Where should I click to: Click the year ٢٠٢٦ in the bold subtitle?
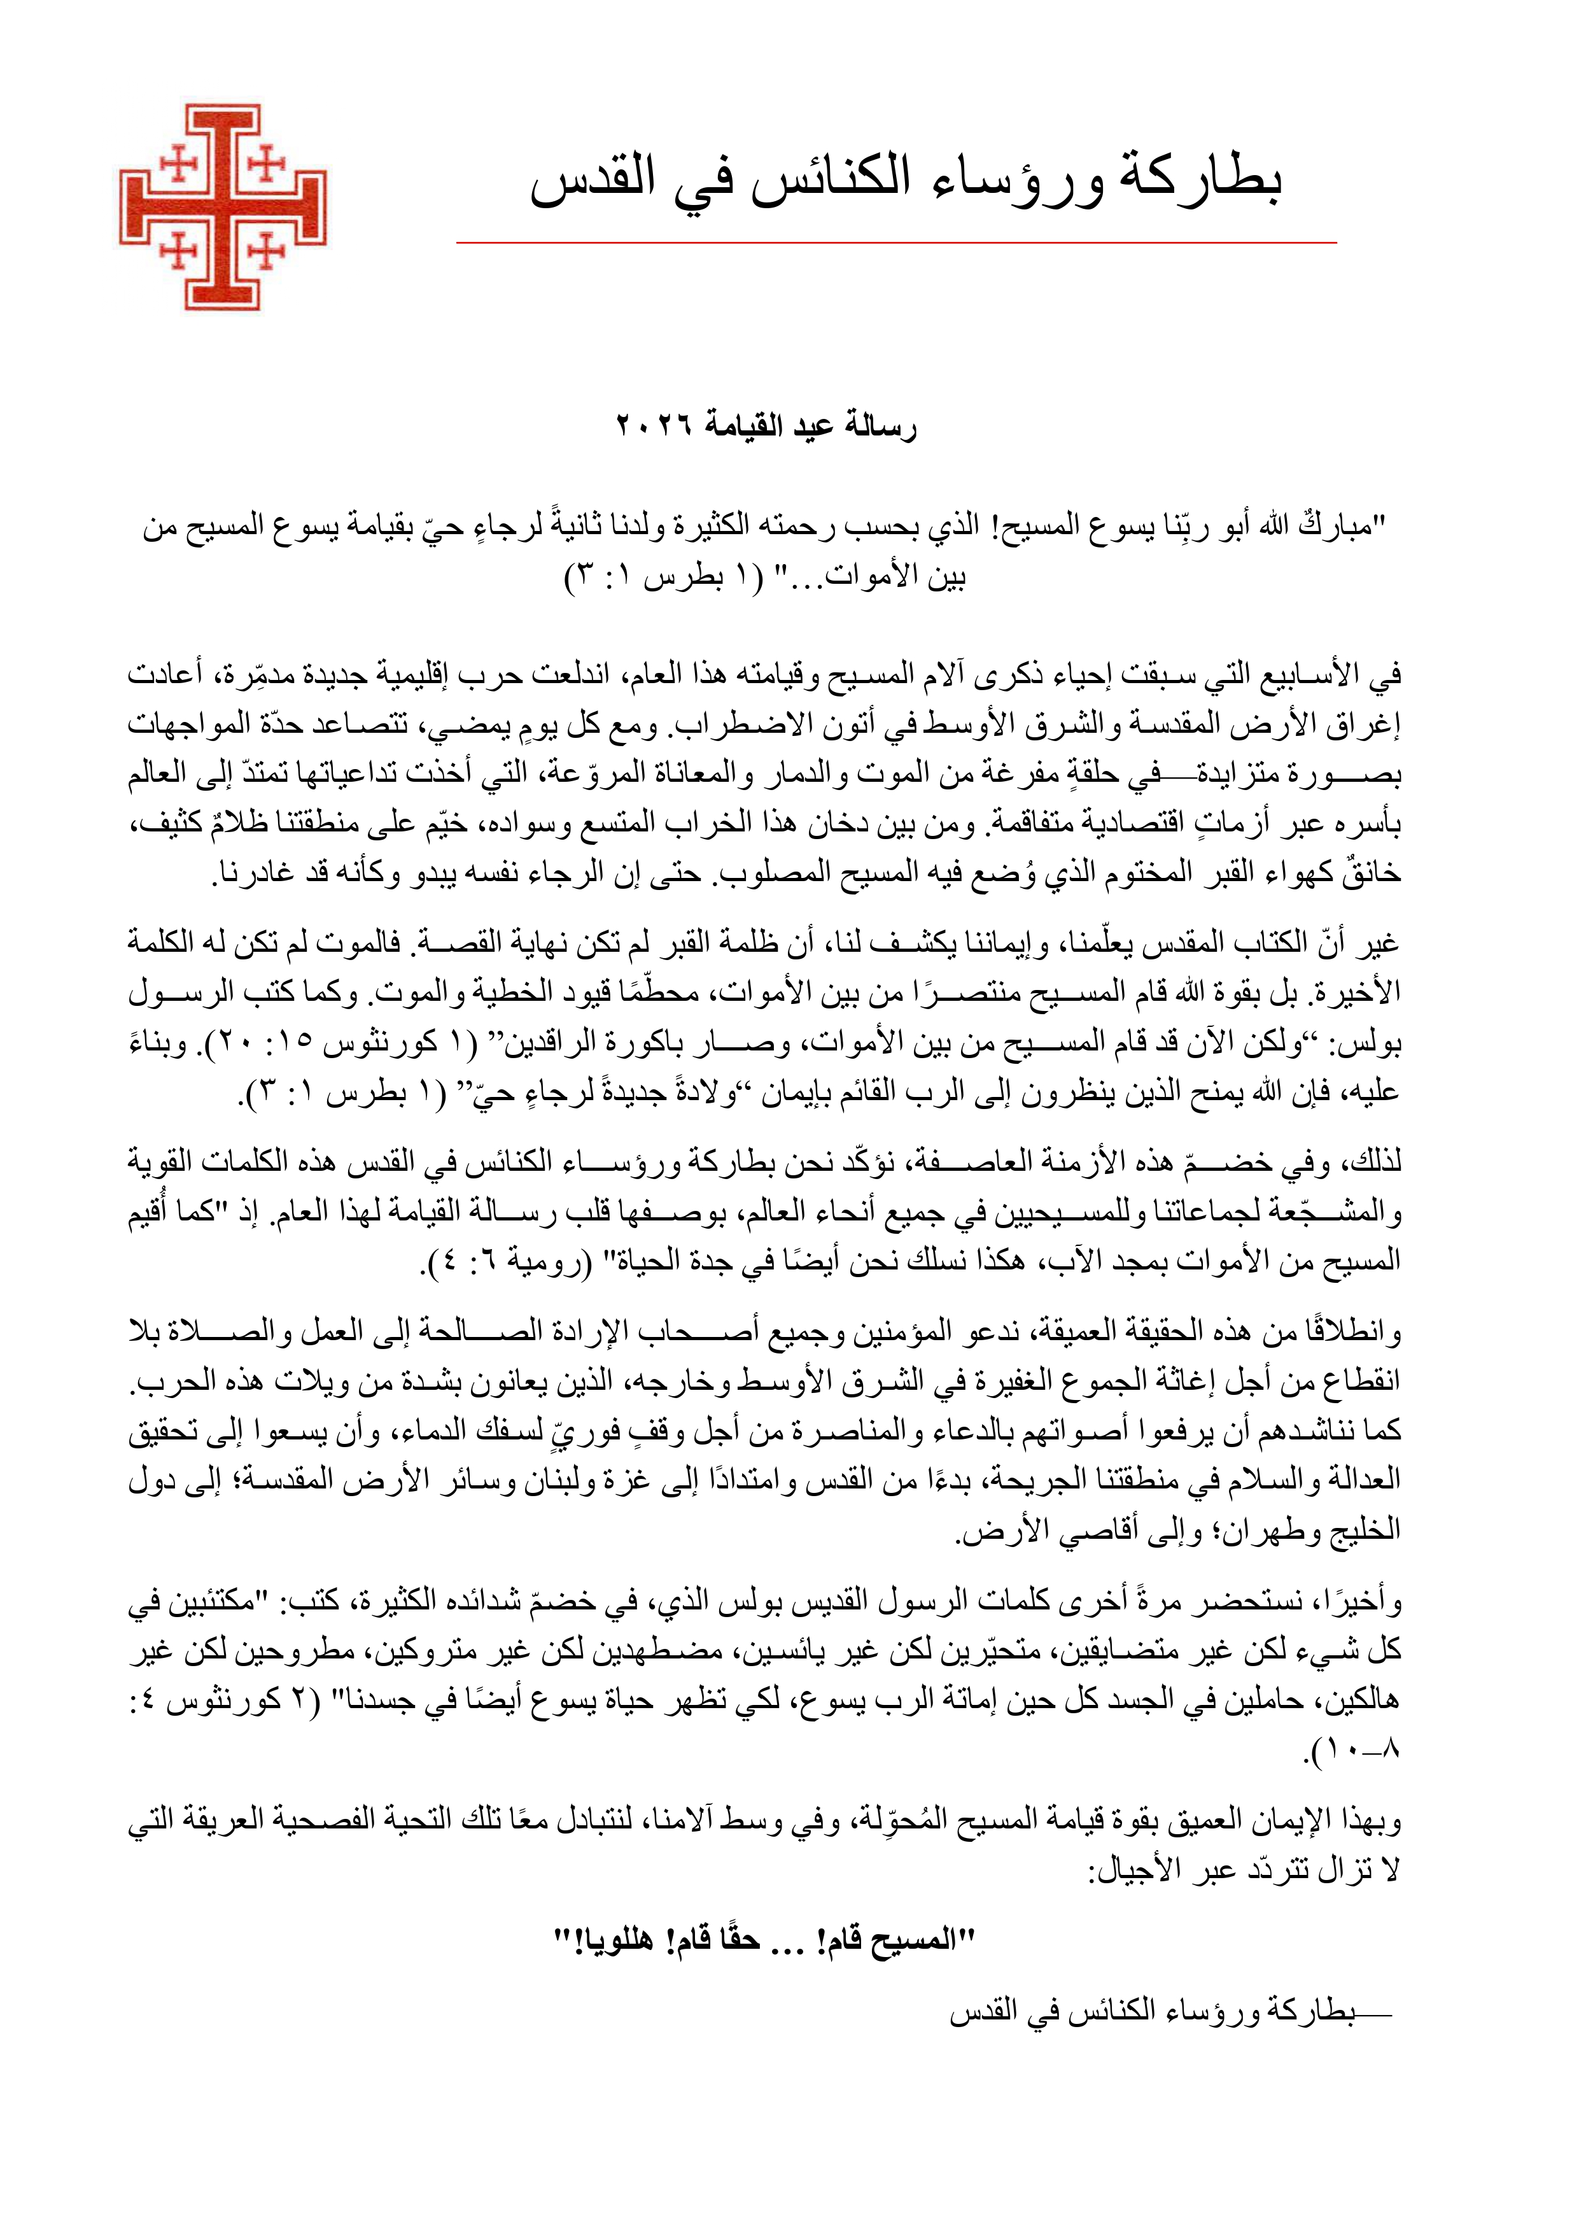point(652,426)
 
